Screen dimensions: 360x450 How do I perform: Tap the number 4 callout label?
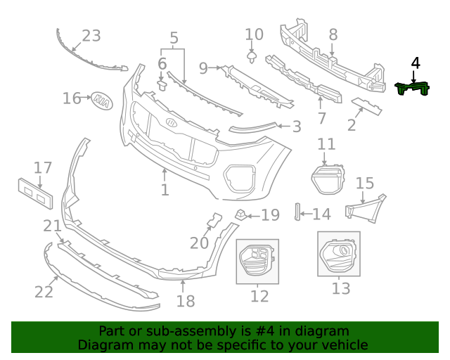[x=416, y=63]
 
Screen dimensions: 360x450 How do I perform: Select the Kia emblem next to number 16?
[x=101, y=100]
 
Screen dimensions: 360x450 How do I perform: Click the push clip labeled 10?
[x=252, y=55]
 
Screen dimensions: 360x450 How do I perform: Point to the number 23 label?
[x=91, y=36]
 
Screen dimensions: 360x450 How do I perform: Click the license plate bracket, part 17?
[x=36, y=193]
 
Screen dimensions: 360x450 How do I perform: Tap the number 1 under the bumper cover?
[x=165, y=190]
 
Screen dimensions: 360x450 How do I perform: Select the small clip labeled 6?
[x=161, y=86]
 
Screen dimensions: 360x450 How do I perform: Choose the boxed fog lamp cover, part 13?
[x=338, y=255]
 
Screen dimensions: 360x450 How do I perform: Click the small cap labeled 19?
[x=240, y=213]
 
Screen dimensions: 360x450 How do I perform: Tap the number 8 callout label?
[x=333, y=34]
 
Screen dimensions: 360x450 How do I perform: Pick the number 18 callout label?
[x=185, y=302]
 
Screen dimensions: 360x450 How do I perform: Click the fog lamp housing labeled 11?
[x=327, y=179]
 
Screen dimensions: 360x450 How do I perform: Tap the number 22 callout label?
[x=44, y=290]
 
